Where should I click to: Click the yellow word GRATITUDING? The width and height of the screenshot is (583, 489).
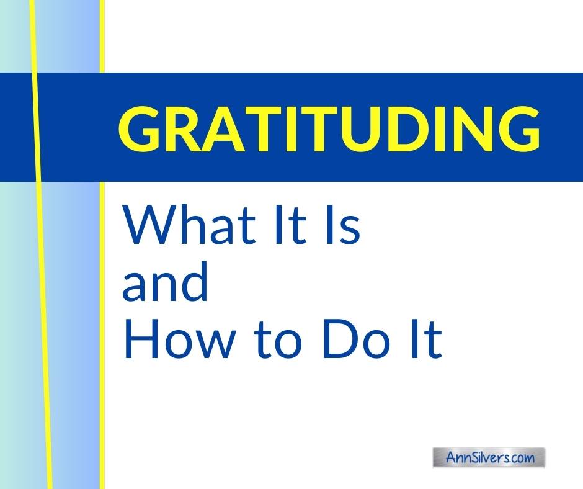click(329, 128)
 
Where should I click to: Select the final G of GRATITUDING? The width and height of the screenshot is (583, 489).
click(519, 128)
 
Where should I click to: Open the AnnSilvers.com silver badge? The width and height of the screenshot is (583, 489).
click(489, 457)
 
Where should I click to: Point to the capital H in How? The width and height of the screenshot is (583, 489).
click(140, 339)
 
